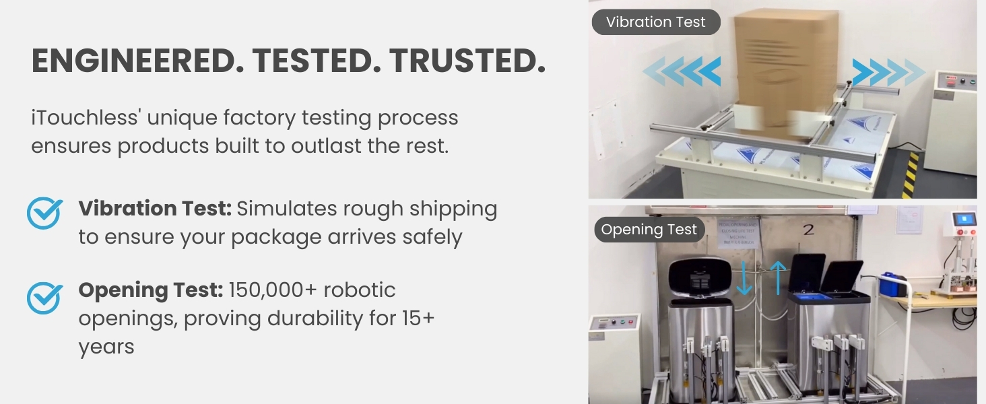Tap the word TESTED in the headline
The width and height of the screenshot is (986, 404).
pos(315,62)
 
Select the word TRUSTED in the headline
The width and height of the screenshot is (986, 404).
pos(467,62)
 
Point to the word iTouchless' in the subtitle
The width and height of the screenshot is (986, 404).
pos(84,118)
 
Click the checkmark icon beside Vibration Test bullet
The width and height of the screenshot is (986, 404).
pos(45,213)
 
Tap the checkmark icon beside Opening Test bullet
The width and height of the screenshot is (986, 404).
pos(45,298)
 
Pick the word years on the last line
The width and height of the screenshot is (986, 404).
pos(106,347)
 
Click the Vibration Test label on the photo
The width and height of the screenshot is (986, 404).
pos(655,22)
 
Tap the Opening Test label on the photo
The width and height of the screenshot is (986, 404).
pos(649,230)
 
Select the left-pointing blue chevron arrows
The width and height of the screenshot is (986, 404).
pos(682,71)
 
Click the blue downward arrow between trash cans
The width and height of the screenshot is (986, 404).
pos(744,278)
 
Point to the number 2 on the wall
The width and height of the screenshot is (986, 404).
pos(808,230)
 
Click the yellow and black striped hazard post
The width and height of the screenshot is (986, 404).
pos(911,174)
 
